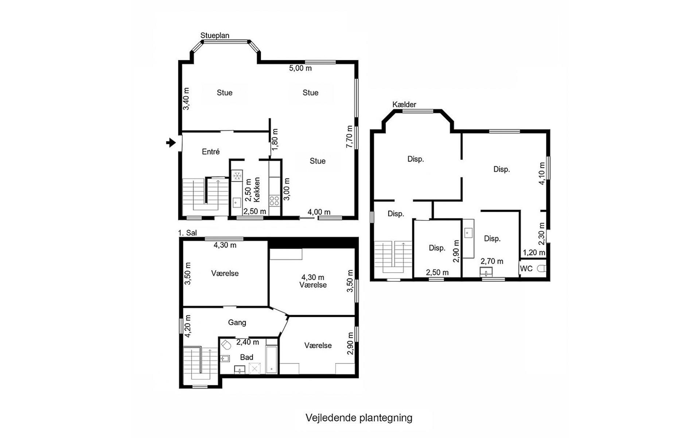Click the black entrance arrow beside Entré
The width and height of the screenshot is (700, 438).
pos(171,142)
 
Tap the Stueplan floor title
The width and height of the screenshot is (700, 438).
pos(215,35)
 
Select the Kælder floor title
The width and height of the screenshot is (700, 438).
pos(404,104)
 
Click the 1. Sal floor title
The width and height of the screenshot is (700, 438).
pos(187,233)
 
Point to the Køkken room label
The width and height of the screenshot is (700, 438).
pos(257,189)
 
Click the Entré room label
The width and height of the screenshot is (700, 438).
pos(211,151)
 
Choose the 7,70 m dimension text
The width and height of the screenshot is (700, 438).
pos(350,137)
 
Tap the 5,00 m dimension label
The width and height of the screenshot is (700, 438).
pos(300,68)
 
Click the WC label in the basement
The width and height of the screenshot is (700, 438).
pos(526,269)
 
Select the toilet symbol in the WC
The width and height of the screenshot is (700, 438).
pos(542,269)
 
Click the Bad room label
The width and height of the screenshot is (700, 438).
pos(246,357)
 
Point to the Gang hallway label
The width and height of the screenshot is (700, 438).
pos(237,322)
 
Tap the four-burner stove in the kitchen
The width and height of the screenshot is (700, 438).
pos(274,200)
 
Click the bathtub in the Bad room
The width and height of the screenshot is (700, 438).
pos(272,360)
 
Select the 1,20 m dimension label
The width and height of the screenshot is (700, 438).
pos(534,253)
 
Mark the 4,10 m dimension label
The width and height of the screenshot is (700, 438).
pos(542,173)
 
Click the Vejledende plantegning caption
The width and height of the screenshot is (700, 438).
pos(359,418)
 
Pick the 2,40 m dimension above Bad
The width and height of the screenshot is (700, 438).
pos(248,342)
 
